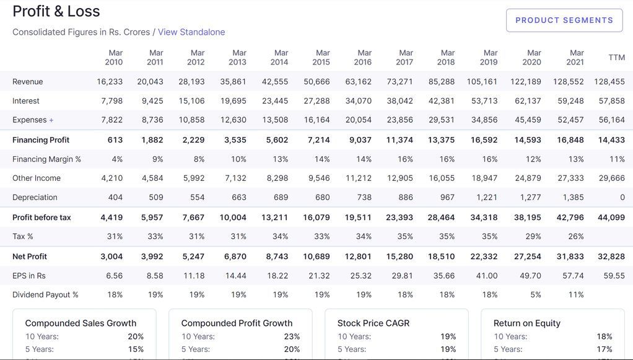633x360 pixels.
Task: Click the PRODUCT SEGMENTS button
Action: point(564,20)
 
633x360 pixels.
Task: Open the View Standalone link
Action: point(191,32)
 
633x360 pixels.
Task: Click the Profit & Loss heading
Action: point(56,11)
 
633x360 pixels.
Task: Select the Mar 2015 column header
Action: point(321,58)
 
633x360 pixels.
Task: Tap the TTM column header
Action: point(616,58)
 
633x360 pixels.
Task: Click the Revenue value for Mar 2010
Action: point(110,82)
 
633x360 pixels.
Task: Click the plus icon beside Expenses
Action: point(51,120)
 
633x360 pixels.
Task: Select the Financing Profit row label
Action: point(41,140)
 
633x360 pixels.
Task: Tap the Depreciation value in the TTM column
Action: point(622,198)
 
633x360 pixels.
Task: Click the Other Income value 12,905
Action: point(400,178)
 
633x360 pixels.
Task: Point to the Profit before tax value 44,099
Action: point(611,217)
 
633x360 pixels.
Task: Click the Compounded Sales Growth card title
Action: point(81,323)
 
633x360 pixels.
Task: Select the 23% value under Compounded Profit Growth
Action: point(292,336)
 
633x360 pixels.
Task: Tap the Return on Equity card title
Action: point(526,323)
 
